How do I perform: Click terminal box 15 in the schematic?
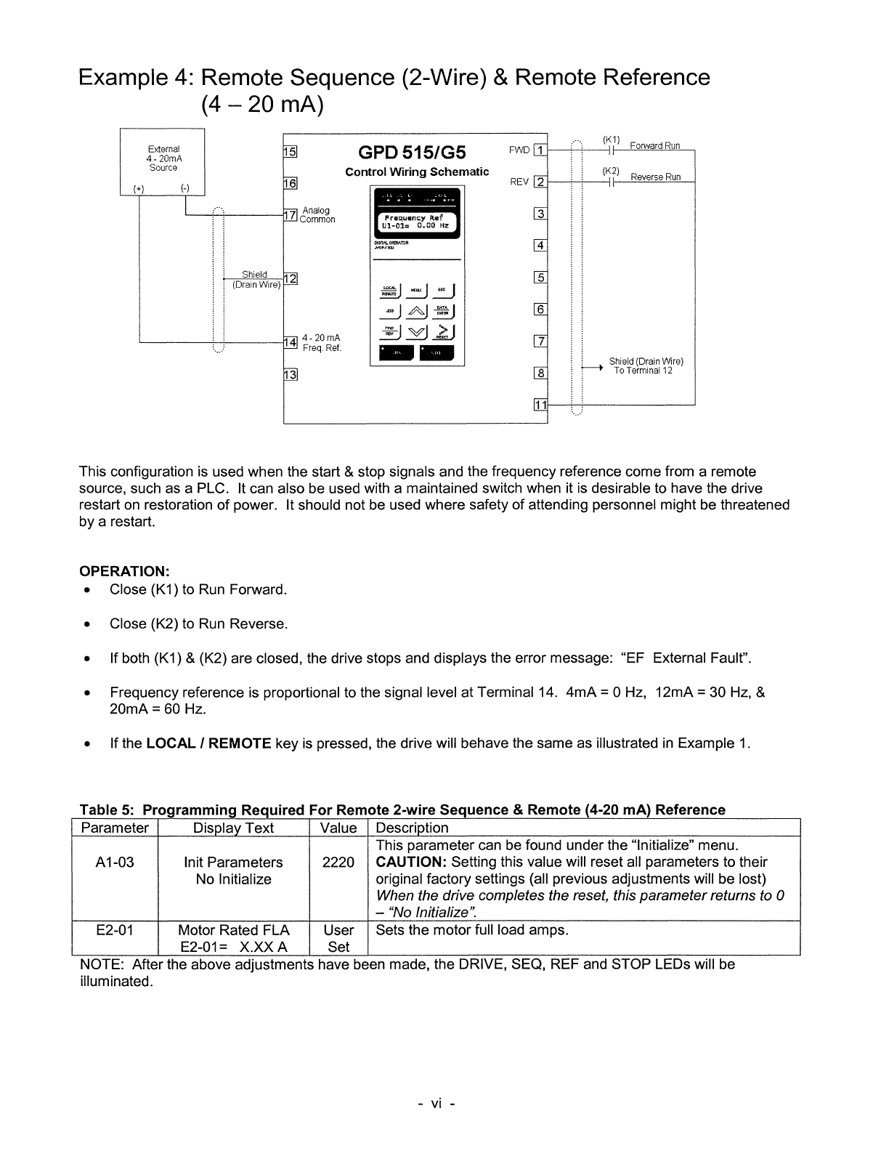point(289,152)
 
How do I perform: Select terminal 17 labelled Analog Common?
point(289,215)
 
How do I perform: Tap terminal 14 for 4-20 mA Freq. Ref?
point(289,342)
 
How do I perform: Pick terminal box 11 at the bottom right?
point(540,405)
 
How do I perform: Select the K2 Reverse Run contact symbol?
point(612,182)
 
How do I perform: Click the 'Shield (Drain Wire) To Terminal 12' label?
point(646,366)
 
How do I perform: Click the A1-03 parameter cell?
point(115,863)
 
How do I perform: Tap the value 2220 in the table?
point(338,863)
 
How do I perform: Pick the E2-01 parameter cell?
point(115,930)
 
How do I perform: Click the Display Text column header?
point(233,828)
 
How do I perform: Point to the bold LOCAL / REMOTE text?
point(208,743)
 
